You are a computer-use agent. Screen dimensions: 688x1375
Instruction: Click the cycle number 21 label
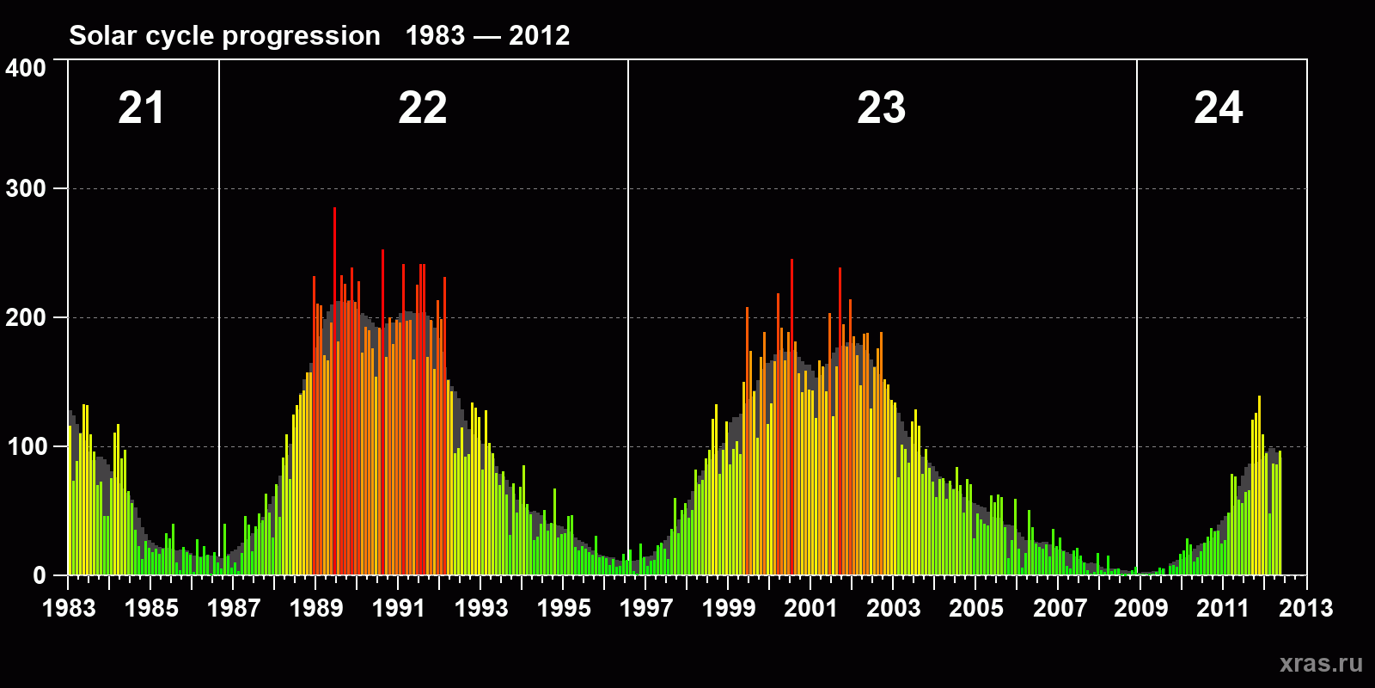(141, 108)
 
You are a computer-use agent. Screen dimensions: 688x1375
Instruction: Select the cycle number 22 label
(422, 108)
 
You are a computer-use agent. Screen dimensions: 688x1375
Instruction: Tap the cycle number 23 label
(881, 108)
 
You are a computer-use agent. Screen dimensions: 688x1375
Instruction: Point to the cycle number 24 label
(1218, 108)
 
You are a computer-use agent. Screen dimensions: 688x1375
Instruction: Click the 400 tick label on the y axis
(26, 68)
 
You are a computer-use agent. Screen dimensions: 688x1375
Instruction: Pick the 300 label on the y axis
(26, 189)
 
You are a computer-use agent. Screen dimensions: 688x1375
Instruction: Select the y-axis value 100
(26, 447)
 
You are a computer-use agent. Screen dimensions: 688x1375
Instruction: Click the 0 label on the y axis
(40, 576)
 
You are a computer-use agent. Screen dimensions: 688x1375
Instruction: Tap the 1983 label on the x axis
(69, 608)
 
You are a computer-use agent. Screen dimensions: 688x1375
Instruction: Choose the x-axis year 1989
(316, 608)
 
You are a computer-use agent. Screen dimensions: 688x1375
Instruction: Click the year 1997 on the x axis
(646, 608)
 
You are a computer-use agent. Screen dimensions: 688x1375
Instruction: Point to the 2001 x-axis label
(811, 608)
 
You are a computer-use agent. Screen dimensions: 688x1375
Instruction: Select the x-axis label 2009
(1141, 608)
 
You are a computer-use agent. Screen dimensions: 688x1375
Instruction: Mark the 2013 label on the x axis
(1306, 608)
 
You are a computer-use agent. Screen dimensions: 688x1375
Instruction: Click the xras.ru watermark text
(1321, 663)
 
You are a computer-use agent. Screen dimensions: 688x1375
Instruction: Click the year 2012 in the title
(539, 35)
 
